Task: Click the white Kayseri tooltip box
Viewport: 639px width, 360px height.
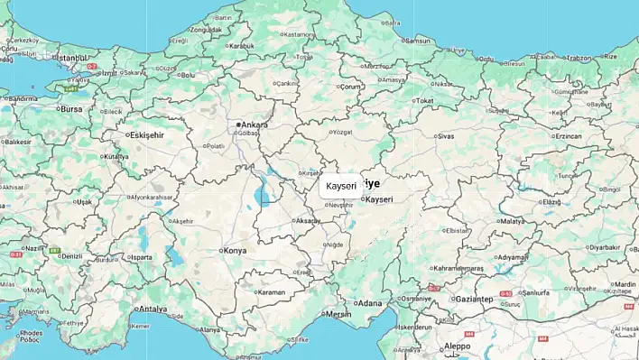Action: pos(342,186)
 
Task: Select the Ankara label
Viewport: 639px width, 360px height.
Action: pos(255,125)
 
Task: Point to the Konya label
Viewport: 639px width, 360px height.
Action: pos(235,250)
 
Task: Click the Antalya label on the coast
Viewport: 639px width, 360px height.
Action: pos(153,309)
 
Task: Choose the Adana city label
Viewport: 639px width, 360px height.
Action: pos(370,303)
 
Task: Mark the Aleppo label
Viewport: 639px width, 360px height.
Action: pos(458,346)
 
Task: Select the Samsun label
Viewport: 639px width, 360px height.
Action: pos(419,41)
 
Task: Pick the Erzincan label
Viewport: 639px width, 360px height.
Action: pos(568,135)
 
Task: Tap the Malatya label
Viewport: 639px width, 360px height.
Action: pos(512,221)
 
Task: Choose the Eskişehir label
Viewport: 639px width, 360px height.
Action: pos(147,134)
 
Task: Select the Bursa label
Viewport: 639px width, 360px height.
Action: pos(70,108)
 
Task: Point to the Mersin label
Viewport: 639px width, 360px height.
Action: pos(338,314)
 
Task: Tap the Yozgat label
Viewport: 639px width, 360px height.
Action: pos(341,132)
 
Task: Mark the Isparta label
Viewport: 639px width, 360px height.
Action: pos(143,257)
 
